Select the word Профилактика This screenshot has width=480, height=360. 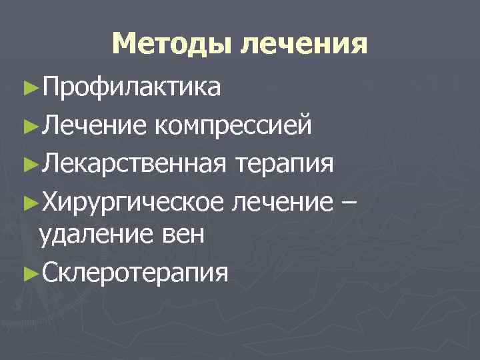click(x=130, y=87)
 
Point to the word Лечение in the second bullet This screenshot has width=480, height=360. click(x=89, y=124)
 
